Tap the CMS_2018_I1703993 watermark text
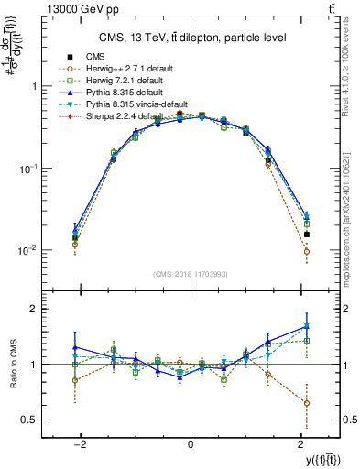[x=190, y=274]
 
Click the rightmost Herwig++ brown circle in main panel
[x=307, y=251]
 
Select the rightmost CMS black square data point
[x=307, y=234]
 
